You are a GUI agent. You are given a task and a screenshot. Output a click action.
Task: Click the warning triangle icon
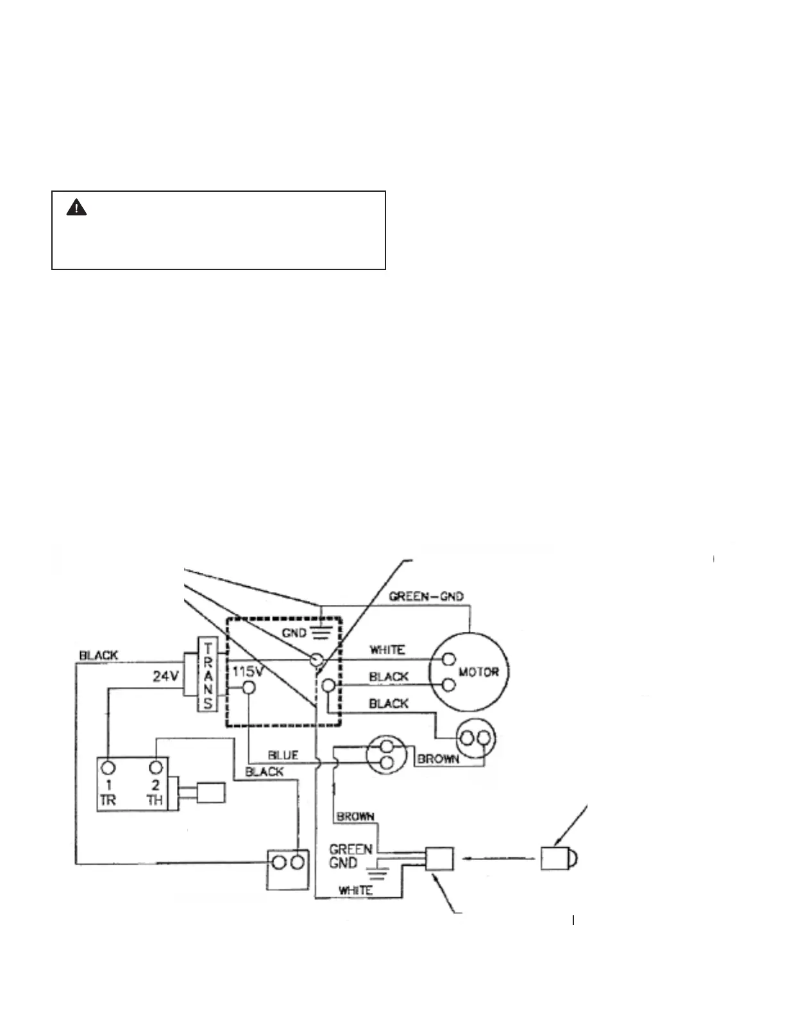click(x=76, y=208)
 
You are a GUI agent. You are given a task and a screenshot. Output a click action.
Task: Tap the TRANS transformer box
click(x=208, y=673)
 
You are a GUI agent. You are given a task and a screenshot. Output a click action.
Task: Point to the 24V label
click(x=165, y=675)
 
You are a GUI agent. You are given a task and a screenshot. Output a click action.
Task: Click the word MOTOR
click(x=478, y=672)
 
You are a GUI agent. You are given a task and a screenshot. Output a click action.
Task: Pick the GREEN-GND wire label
click(x=426, y=597)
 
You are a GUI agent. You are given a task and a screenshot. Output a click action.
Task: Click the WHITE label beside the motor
click(x=387, y=650)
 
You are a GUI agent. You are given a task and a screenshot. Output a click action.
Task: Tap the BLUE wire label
click(x=283, y=755)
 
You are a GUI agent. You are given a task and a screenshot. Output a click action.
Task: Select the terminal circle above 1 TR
click(x=108, y=767)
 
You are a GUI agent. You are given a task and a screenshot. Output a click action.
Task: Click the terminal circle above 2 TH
click(x=155, y=767)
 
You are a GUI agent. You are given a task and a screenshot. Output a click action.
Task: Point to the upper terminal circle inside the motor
click(x=448, y=659)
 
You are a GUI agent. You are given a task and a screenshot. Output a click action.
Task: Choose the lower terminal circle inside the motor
click(x=448, y=686)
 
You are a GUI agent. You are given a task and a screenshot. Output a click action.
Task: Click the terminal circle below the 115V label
click(x=248, y=688)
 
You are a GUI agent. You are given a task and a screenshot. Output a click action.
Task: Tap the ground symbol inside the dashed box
click(x=321, y=634)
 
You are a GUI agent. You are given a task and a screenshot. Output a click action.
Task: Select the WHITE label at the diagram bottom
click(x=355, y=890)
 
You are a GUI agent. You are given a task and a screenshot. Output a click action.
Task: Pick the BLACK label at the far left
click(x=98, y=656)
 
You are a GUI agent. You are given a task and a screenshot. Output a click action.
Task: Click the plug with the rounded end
click(x=559, y=858)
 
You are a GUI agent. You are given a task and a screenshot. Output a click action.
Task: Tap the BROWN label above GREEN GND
click(x=355, y=817)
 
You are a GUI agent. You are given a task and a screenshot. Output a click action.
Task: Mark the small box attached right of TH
click(x=211, y=793)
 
